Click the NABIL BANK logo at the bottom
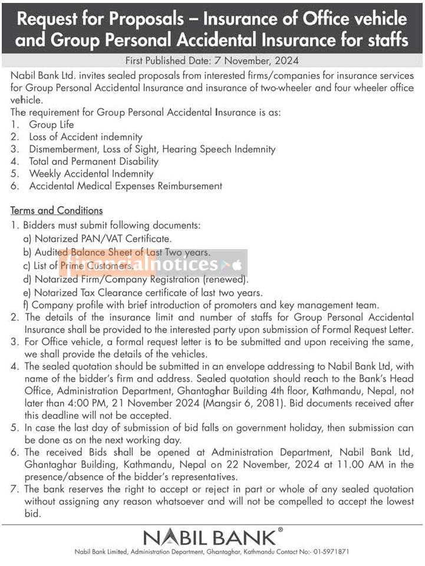point(211,537)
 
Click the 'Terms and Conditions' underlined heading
point(57,210)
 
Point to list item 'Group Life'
point(51,124)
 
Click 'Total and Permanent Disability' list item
point(93,161)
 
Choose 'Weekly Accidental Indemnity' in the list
point(91,174)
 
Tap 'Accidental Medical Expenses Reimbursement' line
point(125,186)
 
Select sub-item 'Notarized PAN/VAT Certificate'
point(103,239)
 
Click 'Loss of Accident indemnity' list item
point(85,137)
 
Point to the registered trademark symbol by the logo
point(281,529)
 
